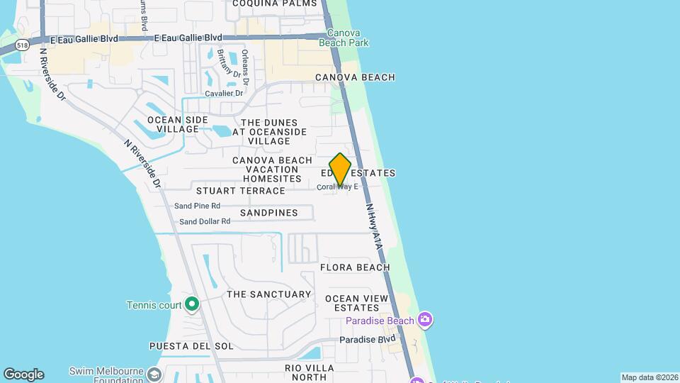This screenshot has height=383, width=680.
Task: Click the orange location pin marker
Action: [340, 169]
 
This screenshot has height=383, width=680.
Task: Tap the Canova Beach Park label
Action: [348, 38]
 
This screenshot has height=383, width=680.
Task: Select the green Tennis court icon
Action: [192, 305]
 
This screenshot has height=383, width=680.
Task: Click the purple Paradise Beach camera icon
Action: [425, 321]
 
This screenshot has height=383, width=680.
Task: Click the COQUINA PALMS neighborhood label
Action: [275, 4]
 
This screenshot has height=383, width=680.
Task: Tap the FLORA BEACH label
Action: [355, 267]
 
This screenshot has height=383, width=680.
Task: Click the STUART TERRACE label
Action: [240, 191]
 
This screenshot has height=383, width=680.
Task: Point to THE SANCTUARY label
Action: [268, 294]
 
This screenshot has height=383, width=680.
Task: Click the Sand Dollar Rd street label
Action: [205, 221]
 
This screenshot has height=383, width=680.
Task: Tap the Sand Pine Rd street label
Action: [197, 206]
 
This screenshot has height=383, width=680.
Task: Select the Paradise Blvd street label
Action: [367, 340]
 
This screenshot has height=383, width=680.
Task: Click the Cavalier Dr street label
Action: [224, 94]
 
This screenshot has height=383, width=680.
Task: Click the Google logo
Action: [23, 374]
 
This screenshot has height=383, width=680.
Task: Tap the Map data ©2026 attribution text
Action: [649, 377]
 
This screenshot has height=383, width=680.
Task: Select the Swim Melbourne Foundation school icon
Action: [154, 373]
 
